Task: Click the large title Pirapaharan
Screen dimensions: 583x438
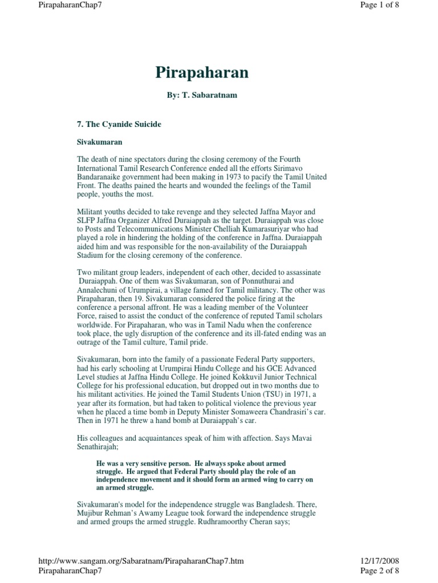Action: click(202, 73)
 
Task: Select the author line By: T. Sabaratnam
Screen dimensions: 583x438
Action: click(202, 95)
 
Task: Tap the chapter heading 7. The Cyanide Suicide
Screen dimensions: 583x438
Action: click(119, 124)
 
